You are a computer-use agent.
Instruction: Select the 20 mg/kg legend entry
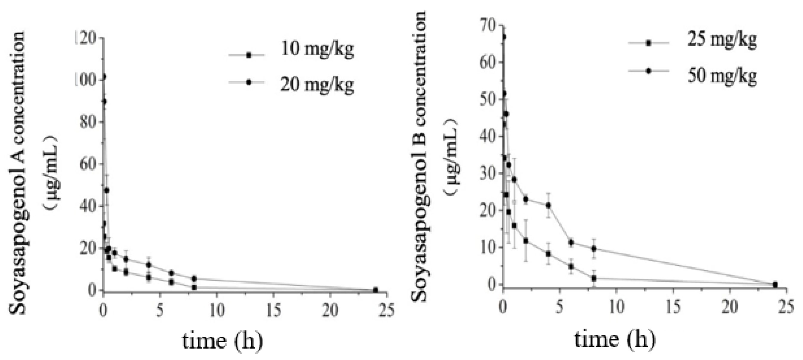pyautogui.click(x=317, y=85)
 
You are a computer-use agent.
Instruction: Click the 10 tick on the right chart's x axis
pyautogui.click(x=616, y=308)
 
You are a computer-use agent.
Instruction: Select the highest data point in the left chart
pyautogui.click(x=104, y=76)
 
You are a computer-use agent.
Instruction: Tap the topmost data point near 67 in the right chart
pyautogui.click(x=504, y=37)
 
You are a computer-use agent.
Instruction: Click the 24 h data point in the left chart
pyautogui.click(x=376, y=290)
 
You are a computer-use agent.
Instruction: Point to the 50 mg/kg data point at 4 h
pyautogui.click(x=549, y=205)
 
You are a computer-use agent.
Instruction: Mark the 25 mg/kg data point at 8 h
pyautogui.click(x=594, y=278)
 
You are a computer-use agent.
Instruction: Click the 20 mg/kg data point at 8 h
pyautogui.click(x=194, y=278)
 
